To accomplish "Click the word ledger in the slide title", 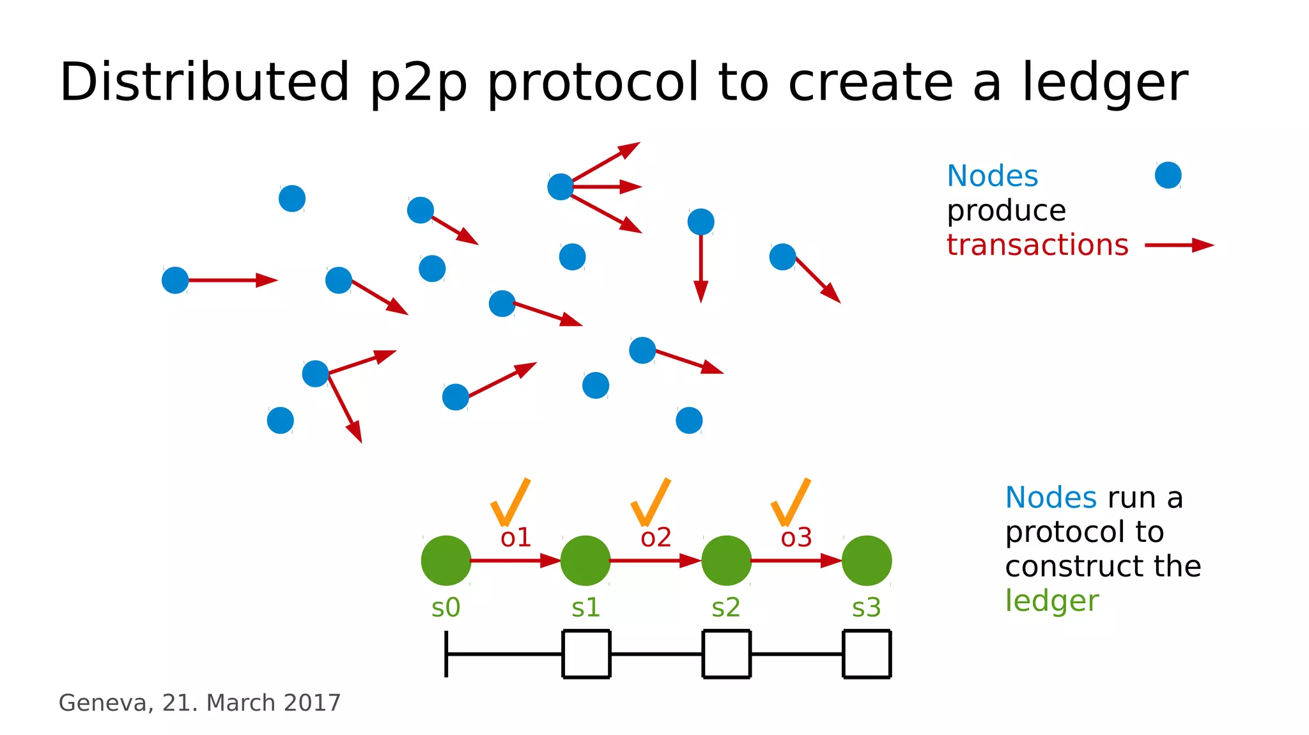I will pos(1104,83).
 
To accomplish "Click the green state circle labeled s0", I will pos(446,561).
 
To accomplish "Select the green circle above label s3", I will pos(866,561).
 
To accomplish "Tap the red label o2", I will pos(656,538).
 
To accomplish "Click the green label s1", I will pos(585,607).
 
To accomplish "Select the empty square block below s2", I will pos(726,653).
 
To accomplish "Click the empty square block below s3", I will pos(867,653).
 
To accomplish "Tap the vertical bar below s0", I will pos(446,653).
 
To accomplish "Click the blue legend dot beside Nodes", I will pos(1168,175).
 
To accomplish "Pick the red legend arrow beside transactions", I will pos(1179,245).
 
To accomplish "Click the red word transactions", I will pos(1037,245).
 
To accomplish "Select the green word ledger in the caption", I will pos(1051,601).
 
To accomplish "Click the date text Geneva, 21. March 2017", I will pos(199,702).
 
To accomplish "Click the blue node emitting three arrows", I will pos(561,187).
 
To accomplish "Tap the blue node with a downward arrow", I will pos(701,222).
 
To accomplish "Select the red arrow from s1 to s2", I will pos(655,561).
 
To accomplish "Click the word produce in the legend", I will pos(1006,211).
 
